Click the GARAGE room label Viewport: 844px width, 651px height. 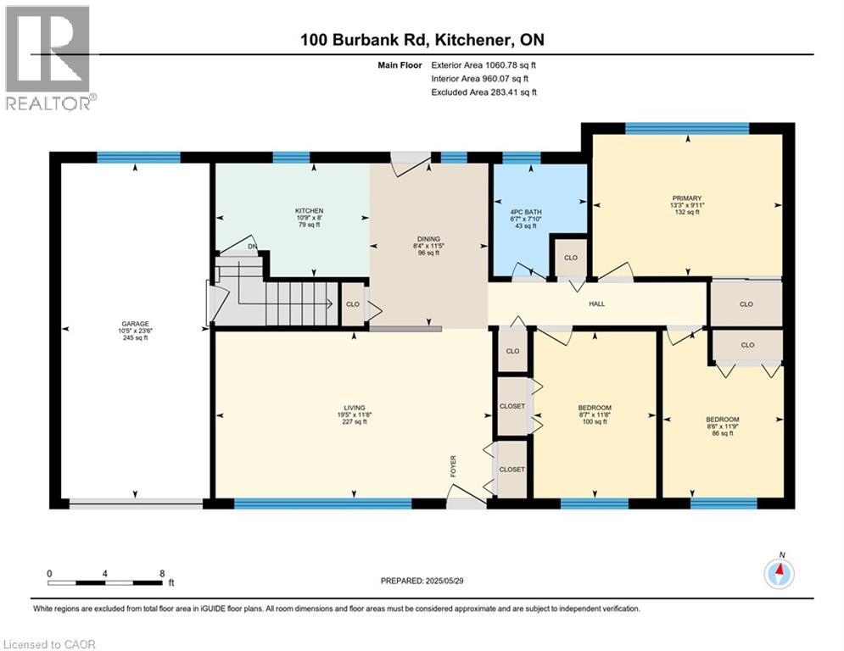pos(135,324)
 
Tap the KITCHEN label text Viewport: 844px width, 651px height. pos(309,211)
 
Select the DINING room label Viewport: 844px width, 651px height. pos(428,239)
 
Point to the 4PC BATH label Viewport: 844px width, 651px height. pos(526,212)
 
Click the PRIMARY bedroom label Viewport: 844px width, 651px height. pos(687,198)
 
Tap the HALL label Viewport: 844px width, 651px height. pos(597,304)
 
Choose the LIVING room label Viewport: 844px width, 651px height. pos(355,408)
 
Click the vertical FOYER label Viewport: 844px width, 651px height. pos(453,466)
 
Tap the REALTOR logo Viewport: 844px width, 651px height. pos(49,58)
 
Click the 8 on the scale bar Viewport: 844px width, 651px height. pos(162,574)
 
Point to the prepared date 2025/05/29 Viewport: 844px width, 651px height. pos(445,581)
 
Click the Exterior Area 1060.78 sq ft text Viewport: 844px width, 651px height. pos(483,65)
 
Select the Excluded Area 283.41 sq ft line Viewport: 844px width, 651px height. pos(483,92)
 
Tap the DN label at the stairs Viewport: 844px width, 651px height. pos(253,247)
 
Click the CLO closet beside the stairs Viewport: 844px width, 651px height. pos(353,304)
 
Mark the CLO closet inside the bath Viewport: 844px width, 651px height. pos(571,258)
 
